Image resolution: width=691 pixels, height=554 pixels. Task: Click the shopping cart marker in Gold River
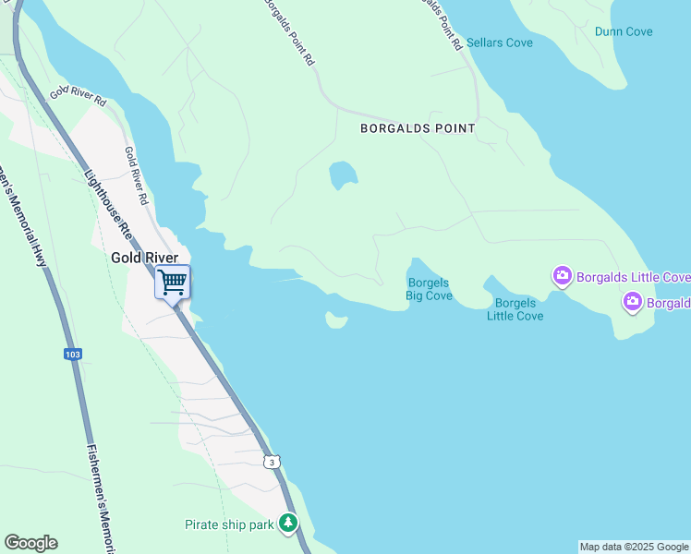[173, 282]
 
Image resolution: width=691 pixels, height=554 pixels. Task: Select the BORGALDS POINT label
[418, 129]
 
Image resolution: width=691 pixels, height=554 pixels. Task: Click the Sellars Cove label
[500, 43]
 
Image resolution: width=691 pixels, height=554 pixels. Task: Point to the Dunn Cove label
[624, 31]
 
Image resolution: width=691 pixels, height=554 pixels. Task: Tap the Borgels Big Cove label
[430, 289]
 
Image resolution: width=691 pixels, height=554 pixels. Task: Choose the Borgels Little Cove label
[515, 309]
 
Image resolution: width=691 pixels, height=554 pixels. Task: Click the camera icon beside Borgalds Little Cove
[562, 276]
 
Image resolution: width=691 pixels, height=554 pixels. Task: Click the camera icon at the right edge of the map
[633, 301]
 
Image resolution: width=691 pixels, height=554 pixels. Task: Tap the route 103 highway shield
[73, 354]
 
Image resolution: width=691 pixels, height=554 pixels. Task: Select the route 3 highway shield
[270, 461]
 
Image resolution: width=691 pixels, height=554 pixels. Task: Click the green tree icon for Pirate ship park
[289, 524]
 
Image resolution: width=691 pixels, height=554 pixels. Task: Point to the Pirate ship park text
[230, 525]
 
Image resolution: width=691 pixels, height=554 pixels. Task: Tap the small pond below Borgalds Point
[343, 175]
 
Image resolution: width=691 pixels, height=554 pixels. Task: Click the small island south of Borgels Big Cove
[335, 320]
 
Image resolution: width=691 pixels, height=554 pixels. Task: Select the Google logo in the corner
[30, 543]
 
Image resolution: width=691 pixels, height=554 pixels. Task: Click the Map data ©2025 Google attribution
[634, 547]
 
